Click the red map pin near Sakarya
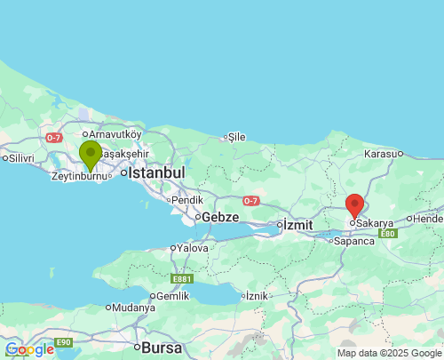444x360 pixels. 354,205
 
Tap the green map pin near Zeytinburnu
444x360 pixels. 90,155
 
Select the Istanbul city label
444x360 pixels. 156,172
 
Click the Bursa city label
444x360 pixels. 162,347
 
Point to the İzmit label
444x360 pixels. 297,225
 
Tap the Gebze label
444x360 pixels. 220,217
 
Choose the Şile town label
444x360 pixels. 236,137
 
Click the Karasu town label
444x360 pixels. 381,154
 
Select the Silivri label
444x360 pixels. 20,158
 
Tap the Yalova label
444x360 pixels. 193,248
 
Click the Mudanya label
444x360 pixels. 133,308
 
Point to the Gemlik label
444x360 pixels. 172,295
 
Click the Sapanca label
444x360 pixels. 354,241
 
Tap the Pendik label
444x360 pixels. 187,200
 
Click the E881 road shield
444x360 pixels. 182,278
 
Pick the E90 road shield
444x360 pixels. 63,342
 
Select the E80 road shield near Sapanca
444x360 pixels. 386,234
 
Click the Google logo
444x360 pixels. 29,349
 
